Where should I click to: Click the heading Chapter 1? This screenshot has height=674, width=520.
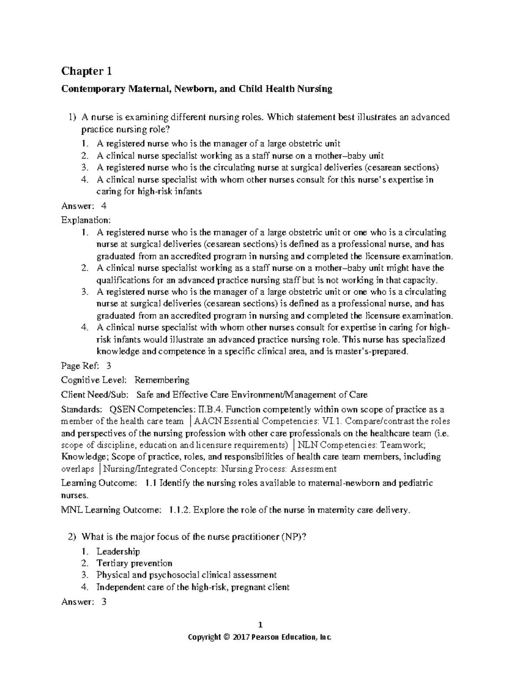tap(87, 71)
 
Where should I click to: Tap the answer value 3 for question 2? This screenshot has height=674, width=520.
tap(103, 602)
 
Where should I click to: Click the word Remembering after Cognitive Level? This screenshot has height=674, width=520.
tap(162, 380)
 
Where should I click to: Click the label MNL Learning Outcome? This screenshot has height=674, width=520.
tap(111, 510)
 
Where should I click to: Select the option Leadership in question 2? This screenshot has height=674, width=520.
tap(118, 552)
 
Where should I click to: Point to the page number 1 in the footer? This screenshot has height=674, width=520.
tap(260, 625)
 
